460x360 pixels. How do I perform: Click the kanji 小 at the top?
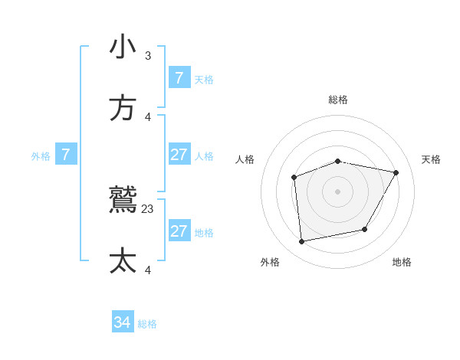tap(123, 47)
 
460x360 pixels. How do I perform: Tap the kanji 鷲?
tap(123, 200)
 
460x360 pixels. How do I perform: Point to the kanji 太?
tap(123, 261)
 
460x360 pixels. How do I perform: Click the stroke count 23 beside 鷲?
tap(148, 208)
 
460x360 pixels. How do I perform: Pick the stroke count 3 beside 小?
tap(148, 55)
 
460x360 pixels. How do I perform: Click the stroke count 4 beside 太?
tap(148, 270)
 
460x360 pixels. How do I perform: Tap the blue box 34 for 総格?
tap(123, 323)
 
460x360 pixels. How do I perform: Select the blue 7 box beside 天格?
tap(179, 78)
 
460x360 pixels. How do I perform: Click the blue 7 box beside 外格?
tap(66, 155)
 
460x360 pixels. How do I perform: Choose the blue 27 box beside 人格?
tap(179, 155)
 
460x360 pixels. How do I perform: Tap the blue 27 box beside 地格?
tap(179, 231)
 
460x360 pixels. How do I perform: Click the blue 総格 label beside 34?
tap(147, 324)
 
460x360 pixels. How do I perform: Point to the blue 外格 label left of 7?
tap(41, 156)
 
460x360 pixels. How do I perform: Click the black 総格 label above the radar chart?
tap(338, 100)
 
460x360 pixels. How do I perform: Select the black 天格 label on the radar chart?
tap(431, 159)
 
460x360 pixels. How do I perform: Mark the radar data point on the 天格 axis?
tap(396, 173)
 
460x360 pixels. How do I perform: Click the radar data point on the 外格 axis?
tap(302, 241)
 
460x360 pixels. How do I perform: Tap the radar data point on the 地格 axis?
tap(365, 229)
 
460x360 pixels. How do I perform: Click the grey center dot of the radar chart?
tap(338, 191)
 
